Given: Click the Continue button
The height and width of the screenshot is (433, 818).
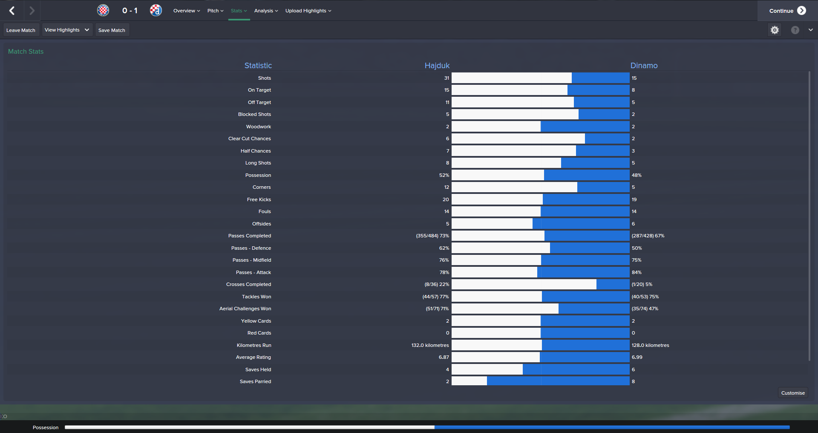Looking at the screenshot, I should coord(787,11).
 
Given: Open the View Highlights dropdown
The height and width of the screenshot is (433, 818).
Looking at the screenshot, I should coord(67,30).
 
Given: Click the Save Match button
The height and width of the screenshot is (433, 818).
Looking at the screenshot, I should coord(112,30).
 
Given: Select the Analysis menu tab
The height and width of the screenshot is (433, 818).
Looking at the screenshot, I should coord(266,11).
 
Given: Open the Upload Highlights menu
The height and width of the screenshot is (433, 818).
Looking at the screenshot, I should coord(308,11).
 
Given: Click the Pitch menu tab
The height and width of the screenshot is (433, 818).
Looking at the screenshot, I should coord(215,11).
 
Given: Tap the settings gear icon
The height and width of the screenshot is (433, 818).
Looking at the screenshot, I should coord(775,30).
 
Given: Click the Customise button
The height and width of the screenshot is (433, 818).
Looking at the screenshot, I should coord(793,393).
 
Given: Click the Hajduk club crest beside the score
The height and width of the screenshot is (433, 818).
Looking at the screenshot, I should coord(103,10).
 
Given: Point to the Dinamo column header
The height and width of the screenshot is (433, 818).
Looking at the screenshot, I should coord(644,66).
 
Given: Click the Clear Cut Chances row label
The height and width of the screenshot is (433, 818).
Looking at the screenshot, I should coord(249,139).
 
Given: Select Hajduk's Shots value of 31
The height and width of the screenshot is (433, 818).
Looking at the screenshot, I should coord(446,78).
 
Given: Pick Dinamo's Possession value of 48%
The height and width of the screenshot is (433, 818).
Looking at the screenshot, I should coord(637,175).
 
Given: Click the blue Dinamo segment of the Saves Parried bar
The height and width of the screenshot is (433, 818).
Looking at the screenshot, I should coord(558,381).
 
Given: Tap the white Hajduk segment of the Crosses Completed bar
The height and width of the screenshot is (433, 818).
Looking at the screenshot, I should coord(524,284).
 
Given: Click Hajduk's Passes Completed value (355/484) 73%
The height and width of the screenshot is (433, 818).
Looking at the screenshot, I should coord(432,236).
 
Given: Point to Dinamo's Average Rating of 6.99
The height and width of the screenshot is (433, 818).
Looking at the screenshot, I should coord(637,357).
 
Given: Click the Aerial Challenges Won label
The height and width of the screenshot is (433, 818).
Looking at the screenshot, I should coord(245,309).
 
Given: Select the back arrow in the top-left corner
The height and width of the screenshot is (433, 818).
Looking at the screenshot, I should coord(12,11).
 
